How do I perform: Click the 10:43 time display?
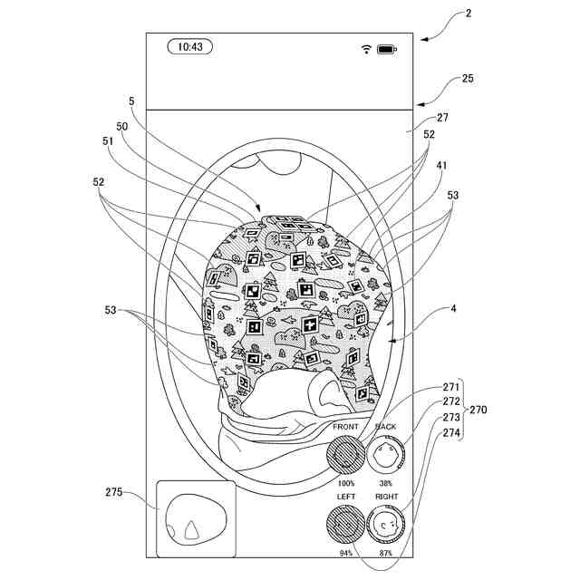click(x=190, y=47)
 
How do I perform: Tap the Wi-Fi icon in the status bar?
click(x=366, y=49)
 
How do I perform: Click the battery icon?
click(x=387, y=49)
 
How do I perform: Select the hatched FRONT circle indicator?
click(x=345, y=455)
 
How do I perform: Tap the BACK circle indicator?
click(x=385, y=455)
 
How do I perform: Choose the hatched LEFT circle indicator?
click(x=345, y=525)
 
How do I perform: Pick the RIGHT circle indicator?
click(x=385, y=525)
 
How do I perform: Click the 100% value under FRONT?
click(x=346, y=483)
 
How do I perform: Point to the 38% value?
click(x=385, y=483)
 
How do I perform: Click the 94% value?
click(x=346, y=553)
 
